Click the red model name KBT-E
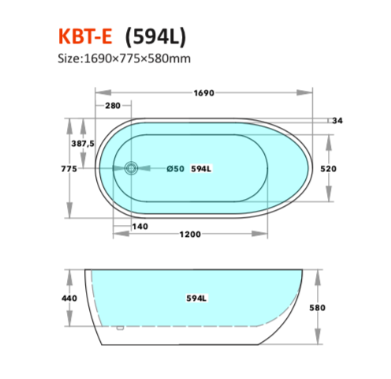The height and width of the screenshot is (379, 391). (85, 36)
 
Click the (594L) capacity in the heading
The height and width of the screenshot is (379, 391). (155, 36)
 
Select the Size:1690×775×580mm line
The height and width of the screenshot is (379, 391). (124, 58)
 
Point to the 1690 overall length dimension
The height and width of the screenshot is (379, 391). (203, 93)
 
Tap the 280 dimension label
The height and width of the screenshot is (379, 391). (113, 106)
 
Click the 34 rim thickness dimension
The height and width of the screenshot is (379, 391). (337, 121)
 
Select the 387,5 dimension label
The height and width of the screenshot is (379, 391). (83, 144)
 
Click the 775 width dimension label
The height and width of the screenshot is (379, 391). (69, 169)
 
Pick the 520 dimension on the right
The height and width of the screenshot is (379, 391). (328, 169)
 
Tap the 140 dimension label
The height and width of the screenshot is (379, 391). (140, 227)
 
